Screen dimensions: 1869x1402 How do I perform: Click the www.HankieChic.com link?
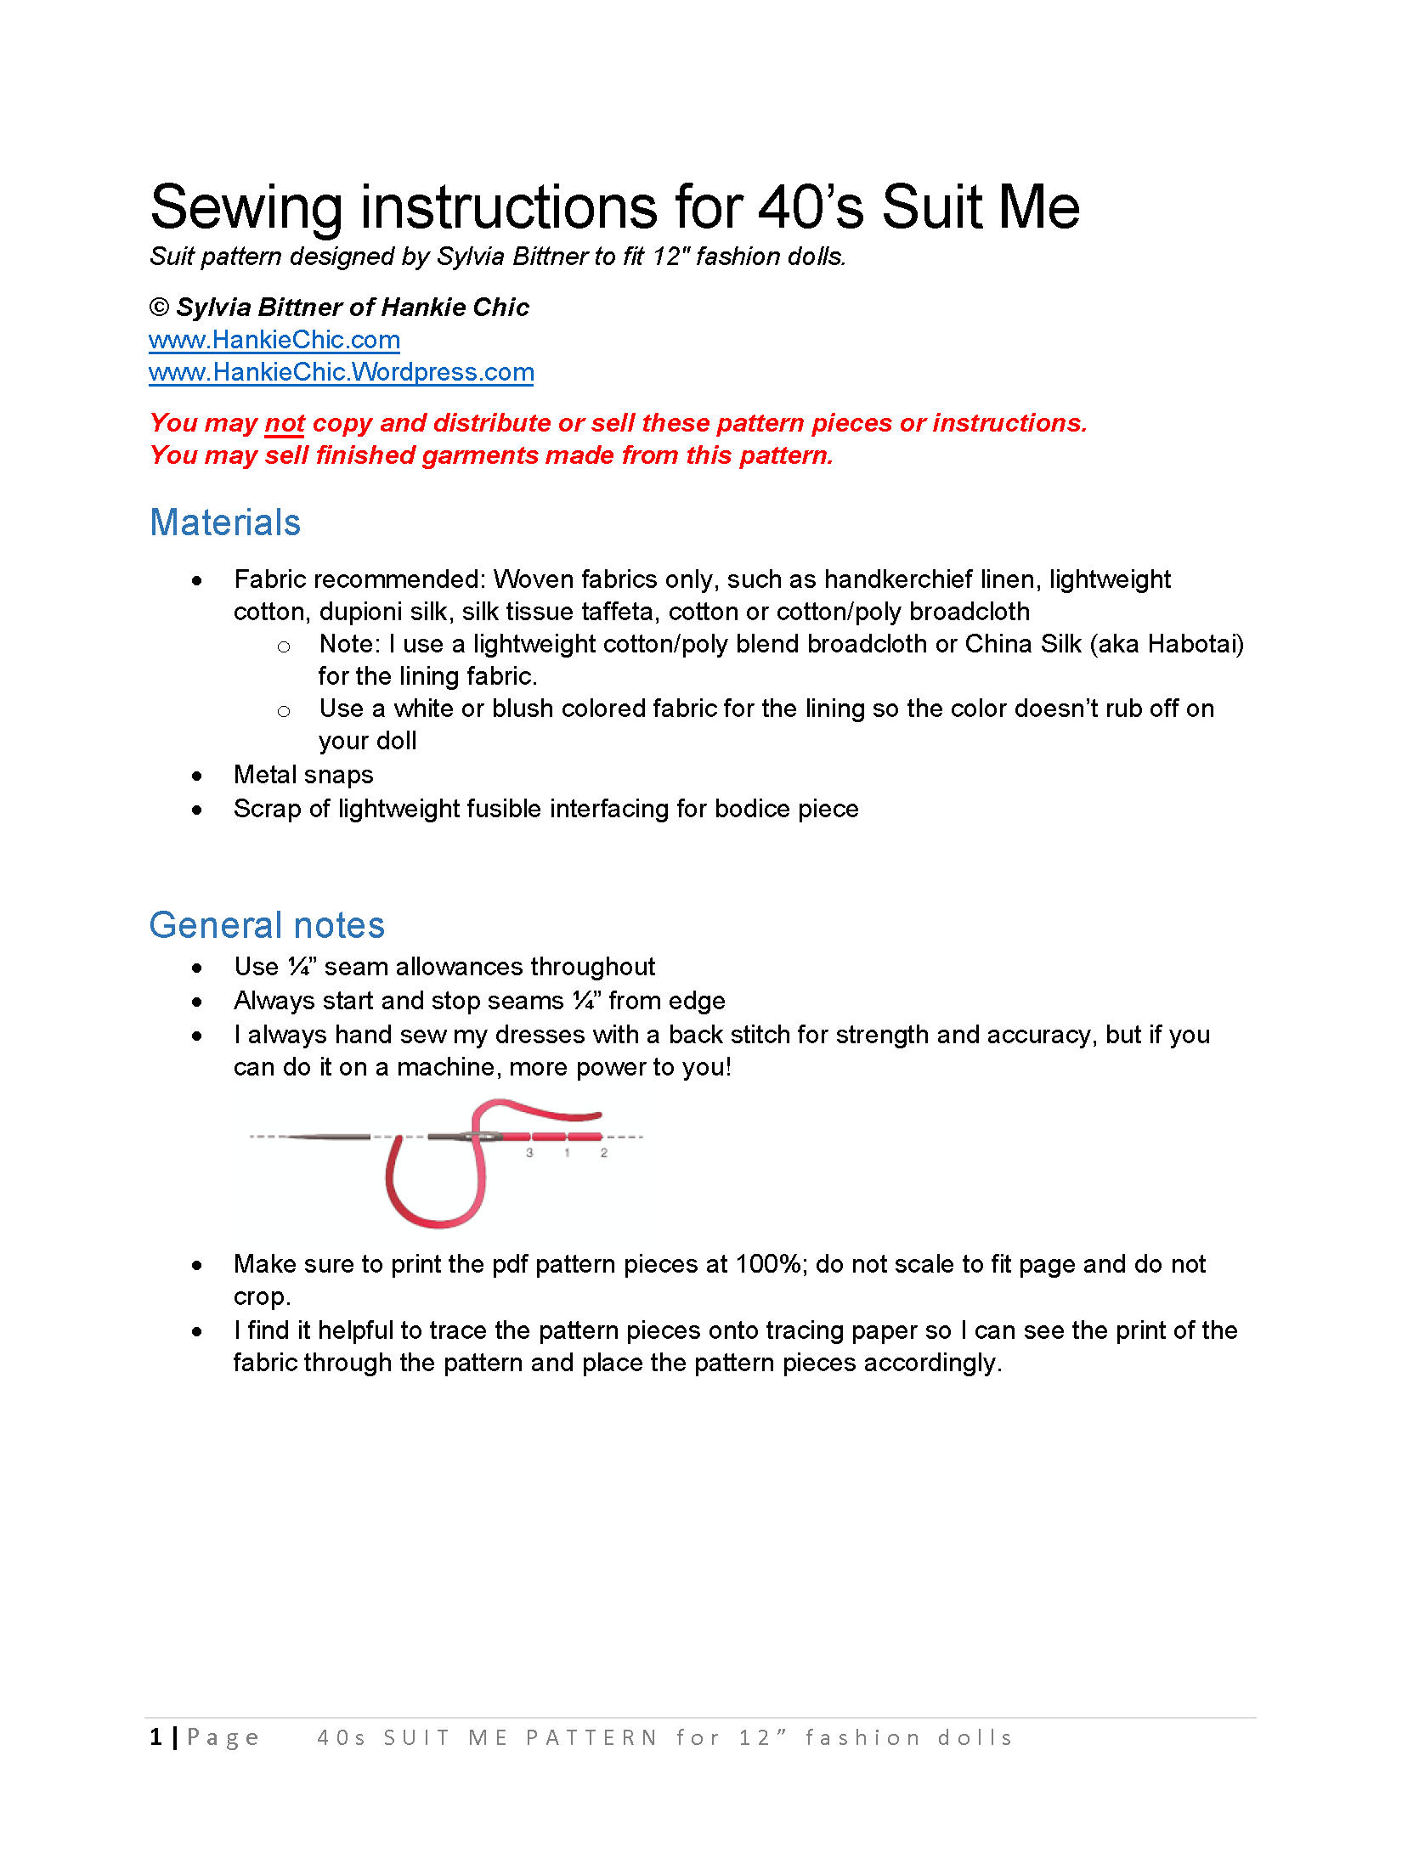tap(274, 340)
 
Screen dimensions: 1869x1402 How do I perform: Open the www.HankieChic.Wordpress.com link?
tap(341, 372)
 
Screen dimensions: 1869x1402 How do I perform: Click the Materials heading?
tap(225, 522)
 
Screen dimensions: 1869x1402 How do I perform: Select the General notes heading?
tap(267, 925)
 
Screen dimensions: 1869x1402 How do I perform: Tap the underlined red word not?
tap(285, 423)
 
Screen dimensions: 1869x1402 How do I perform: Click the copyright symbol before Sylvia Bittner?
tap(159, 308)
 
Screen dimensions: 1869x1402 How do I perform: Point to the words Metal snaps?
tap(303, 775)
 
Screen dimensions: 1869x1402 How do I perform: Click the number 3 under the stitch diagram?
tap(529, 1153)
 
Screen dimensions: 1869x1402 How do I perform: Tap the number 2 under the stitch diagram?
tap(604, 1153)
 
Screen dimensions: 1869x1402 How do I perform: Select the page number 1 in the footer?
tap(156, 1737)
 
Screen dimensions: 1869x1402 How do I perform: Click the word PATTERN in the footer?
tap(591, 1738)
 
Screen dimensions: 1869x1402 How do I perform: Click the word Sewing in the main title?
tap(246, 207)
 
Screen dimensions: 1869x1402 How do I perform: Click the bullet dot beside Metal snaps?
tap(197, 776)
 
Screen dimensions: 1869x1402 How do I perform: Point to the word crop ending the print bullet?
tap(260, 1297)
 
